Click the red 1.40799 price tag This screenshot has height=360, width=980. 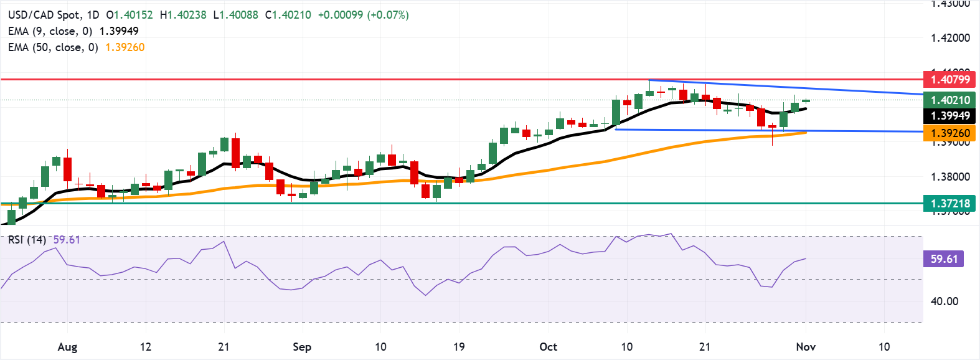(950, 79)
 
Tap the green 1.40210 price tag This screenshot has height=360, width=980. (950, 100)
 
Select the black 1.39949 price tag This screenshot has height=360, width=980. (950, 116)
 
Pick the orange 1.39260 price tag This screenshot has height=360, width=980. (950, 133)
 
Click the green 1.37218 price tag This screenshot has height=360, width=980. (950, 203)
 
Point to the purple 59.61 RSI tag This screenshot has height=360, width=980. (943, 258)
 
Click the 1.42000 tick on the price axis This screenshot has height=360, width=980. (950, 38)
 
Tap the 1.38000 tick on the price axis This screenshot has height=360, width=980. (950, 177)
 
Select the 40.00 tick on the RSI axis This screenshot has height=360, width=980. (944, 301)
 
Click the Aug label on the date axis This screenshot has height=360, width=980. (67, 347)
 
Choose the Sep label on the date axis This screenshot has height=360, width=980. (302, 347)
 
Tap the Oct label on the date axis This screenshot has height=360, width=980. (548, 347)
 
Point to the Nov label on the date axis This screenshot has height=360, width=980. (806, 347)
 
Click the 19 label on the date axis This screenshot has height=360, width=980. (459, 347)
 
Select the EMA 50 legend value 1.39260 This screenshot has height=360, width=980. (125, 47)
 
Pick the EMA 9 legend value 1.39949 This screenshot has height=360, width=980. (119, 31)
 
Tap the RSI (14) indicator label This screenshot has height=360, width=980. (27, 240)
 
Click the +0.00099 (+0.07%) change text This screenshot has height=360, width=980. (363, 14)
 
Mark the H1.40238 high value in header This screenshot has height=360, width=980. (183, 14)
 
